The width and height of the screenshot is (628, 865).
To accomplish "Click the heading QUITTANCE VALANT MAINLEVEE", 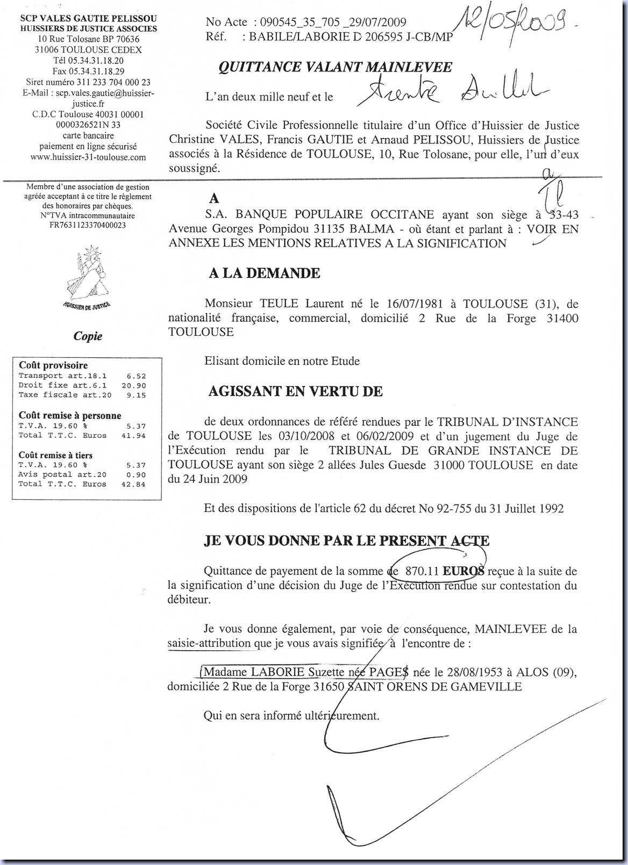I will (x=335, y=68).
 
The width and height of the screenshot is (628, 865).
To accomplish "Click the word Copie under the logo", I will (x=88, y=336).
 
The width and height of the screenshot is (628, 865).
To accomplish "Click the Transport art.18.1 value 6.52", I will (x=136, y=376).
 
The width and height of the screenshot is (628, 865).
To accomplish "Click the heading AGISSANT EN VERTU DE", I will (x=295, y=392).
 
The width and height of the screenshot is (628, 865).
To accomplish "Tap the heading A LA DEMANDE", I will (x=265, y=273).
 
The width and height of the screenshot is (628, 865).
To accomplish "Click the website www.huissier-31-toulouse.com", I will (x=88, y=157).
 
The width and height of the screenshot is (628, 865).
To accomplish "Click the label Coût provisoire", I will (x=53, y=365).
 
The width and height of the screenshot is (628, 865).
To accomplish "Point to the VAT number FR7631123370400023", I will (x=88, y=225).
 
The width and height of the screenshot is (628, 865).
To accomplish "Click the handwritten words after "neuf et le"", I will (x=452, y=92).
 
